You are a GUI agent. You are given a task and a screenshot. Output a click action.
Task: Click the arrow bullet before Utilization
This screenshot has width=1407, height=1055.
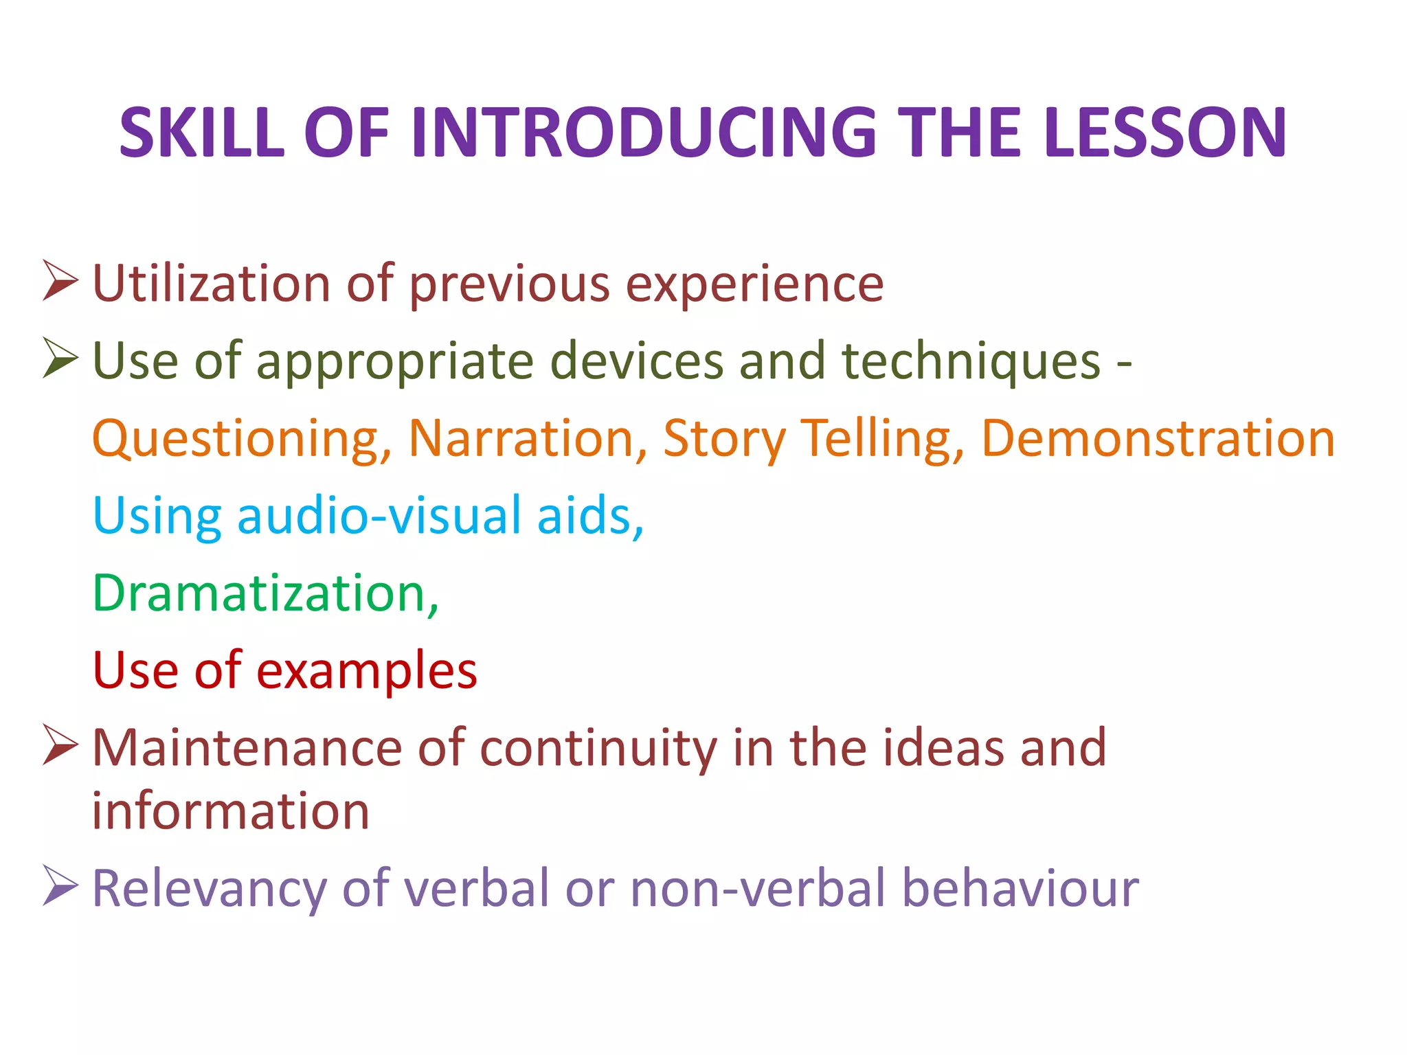click(60, 280)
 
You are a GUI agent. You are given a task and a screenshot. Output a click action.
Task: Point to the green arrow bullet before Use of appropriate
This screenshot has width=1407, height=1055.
click(60, 358)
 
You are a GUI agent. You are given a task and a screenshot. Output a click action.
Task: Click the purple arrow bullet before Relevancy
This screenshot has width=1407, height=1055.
click(60, 885)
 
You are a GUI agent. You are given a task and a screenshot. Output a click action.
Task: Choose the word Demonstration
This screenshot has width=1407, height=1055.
click(1158, 438)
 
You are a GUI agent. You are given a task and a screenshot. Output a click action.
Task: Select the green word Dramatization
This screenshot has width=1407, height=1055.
click(265, 593)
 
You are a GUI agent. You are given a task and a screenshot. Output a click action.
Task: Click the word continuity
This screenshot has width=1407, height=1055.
click(598, 749)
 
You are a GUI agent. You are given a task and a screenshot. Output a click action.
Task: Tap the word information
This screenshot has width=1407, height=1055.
click(231, 811)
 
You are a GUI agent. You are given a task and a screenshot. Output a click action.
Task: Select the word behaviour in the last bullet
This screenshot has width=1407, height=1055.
click(1020, 888)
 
